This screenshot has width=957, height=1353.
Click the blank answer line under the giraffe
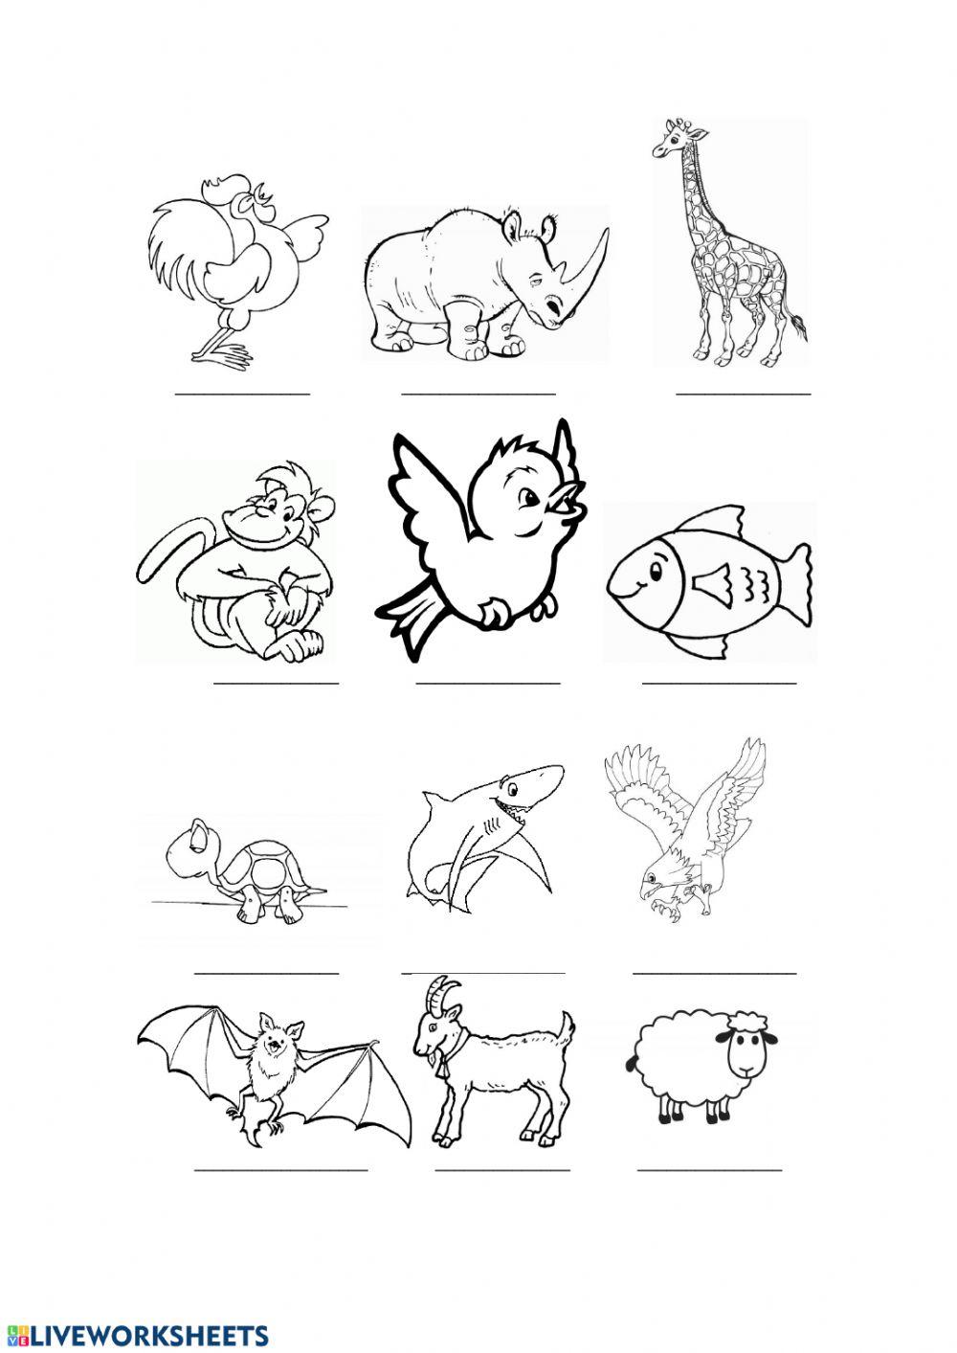coord(744,393)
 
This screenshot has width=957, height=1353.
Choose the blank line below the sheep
coord(709,1169)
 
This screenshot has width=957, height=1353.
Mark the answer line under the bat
coord(280,1169)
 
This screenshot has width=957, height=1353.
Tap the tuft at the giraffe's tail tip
coord(798,331)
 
